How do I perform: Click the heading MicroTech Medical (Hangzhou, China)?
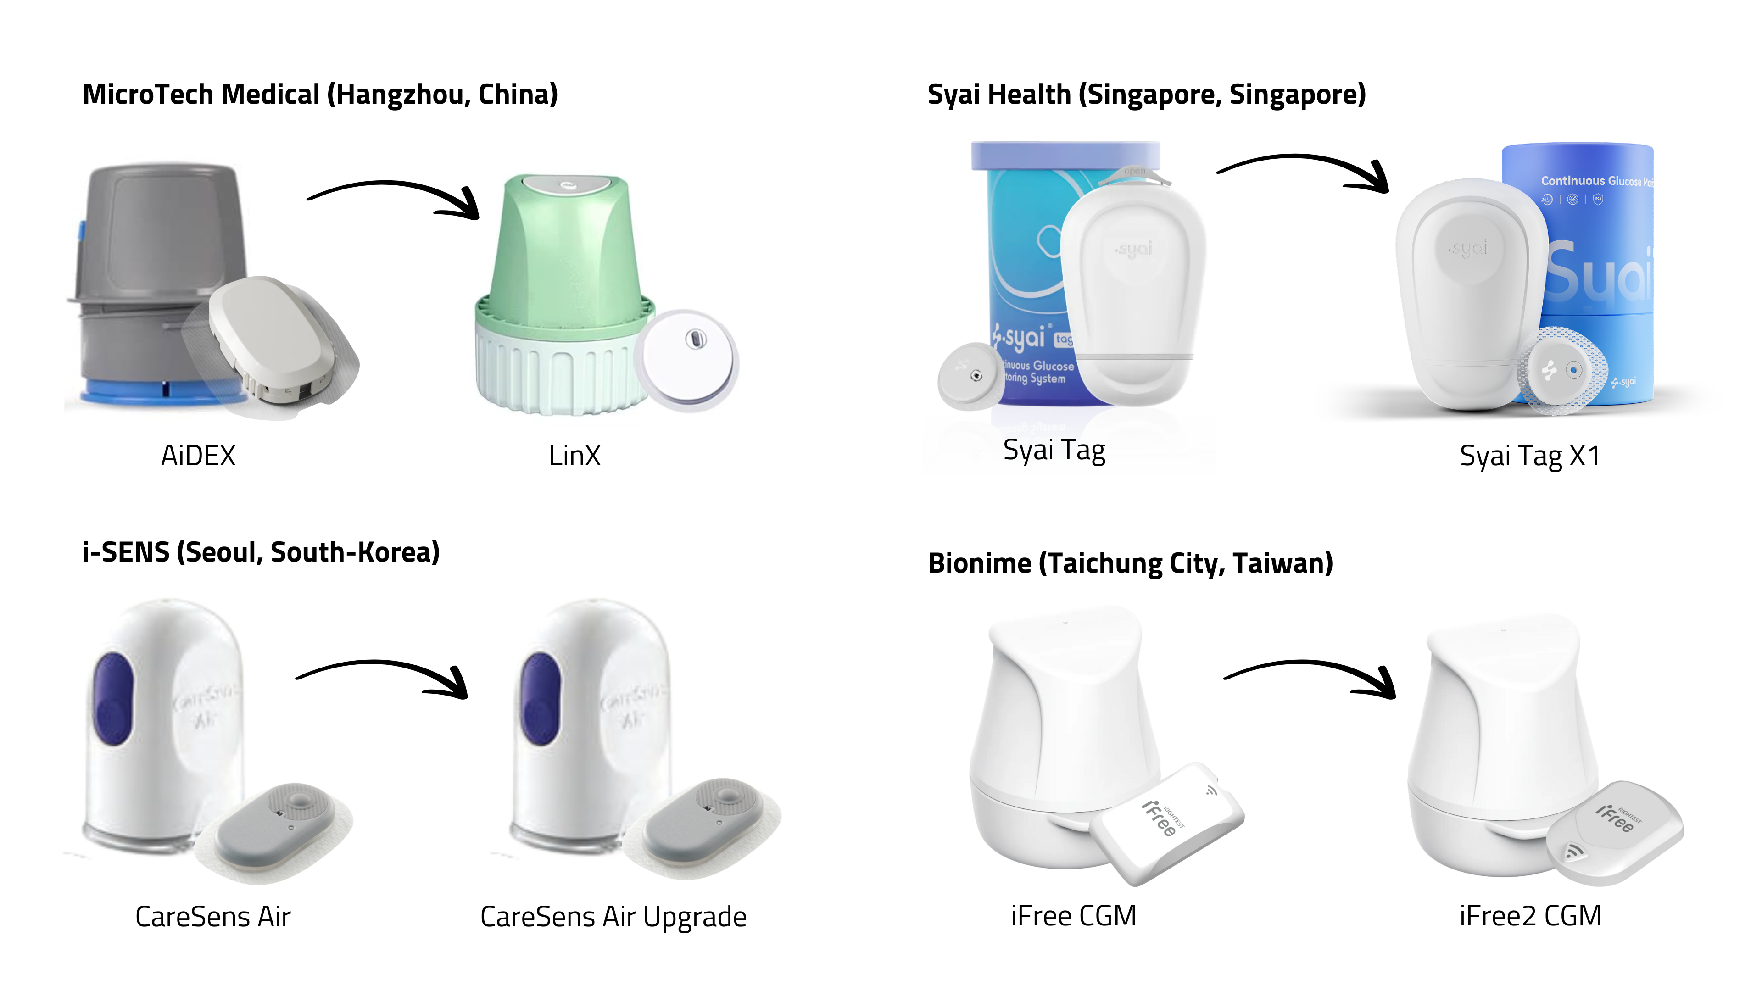320,95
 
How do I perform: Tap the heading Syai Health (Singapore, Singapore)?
1146,95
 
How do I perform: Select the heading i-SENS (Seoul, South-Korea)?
261,552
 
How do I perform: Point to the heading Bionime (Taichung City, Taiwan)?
1130,563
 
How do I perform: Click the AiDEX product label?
198,456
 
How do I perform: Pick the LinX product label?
574,456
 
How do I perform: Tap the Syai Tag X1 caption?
1529,456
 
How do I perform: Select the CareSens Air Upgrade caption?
613,917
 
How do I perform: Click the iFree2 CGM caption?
1530,915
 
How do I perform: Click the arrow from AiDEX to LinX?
393,195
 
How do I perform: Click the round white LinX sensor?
687,359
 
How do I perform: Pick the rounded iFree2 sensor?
1614,831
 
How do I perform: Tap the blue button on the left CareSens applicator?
113,697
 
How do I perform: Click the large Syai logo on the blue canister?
1597,273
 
